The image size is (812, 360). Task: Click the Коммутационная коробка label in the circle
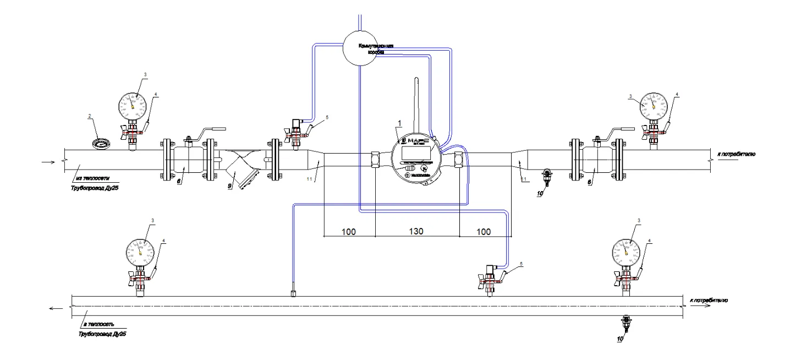pyautogui.click(x=376, y=49)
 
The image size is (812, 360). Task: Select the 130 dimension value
pyautogui.click(x=416, y=232)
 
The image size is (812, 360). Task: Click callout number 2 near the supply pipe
pyautogui.click(x=89, y=116)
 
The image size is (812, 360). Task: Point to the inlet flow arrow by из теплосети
pyautogui.click(x=49, y=162)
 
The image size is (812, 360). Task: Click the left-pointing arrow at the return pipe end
pyautogui.click(x=55, y=309)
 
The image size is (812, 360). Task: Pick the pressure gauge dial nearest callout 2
pyautogui.click(x=133, y=102)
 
